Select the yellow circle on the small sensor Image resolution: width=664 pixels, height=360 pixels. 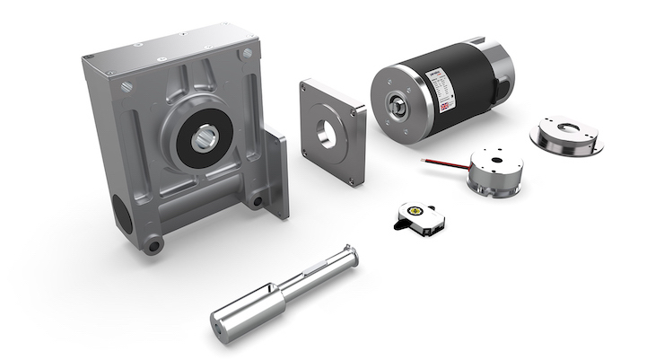415,207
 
